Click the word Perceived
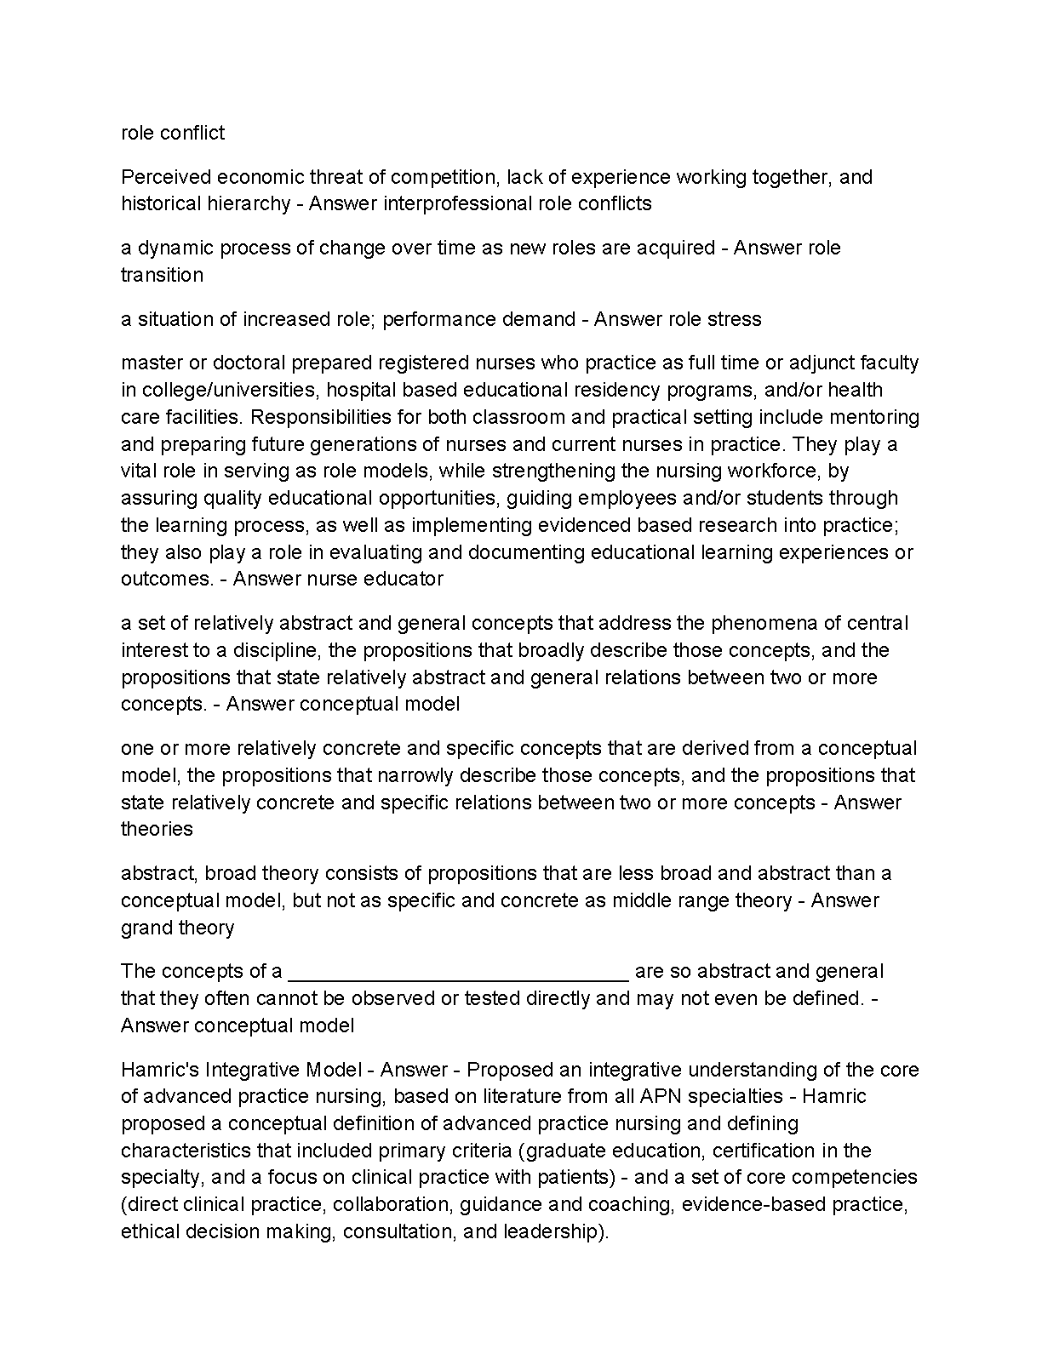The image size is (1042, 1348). tap(165, 177)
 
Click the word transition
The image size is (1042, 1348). tap(162, 275)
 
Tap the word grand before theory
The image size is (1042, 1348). tap(145, 928)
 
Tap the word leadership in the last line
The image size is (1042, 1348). tap(552, 1232)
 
